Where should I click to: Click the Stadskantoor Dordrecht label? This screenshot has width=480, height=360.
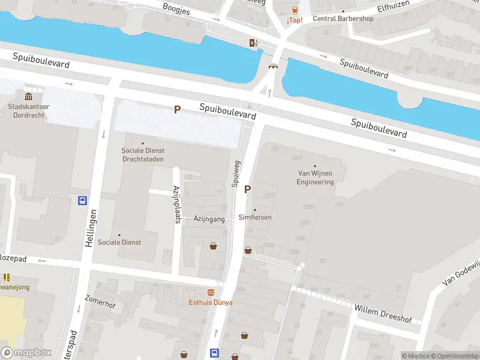(x=28, y=110)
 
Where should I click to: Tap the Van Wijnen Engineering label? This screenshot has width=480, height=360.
(x=315, y=178)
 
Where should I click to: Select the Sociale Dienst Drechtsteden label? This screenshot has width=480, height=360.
(x=143, y=155)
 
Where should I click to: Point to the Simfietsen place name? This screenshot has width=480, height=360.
(x=254, y=217)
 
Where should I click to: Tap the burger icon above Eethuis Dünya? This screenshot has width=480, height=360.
(x=211, y=292)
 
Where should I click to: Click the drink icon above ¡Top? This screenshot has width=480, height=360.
(x=295, y=10)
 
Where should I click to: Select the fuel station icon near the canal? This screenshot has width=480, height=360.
(x=254, y=42)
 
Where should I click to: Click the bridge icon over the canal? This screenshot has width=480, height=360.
(x=273, y=67)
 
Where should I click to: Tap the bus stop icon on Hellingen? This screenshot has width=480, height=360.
(x=82, y=200)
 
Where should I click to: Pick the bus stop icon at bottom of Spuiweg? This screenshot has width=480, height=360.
(x=214, y=353)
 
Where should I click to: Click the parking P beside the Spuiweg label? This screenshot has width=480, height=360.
(x=247, y=190)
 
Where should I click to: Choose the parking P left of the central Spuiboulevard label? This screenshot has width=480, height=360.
(x=177, y=109)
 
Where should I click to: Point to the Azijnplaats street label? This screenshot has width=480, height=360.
(x=177, y=204)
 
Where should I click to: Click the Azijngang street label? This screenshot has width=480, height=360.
(x=209, y=219)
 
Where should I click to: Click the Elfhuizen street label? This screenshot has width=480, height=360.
(x=393, y=8)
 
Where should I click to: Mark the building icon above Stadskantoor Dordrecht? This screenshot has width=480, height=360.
(x=28, y=97)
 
